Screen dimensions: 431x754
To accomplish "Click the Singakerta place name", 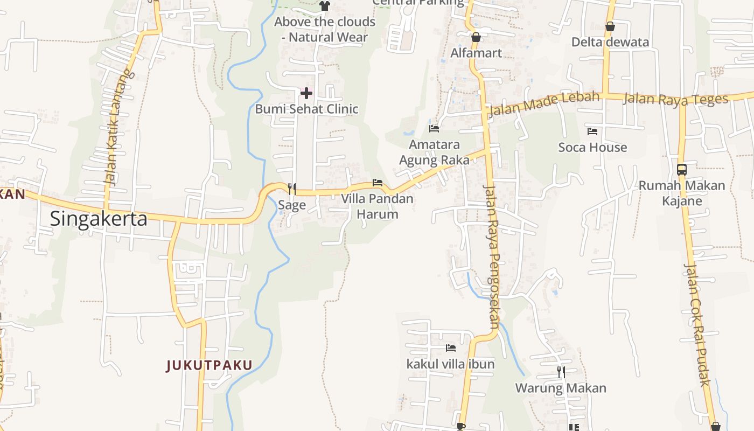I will tap(99, 219).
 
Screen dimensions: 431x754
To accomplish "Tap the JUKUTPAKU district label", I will tap(209, 365).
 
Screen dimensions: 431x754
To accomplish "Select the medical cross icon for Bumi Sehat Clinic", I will tap(306, 93).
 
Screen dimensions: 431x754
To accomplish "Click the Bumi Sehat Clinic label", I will tap(306, 109).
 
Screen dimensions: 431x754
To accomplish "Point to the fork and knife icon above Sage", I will tap(292, 189).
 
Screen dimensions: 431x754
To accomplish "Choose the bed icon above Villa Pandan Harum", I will tap(378, 183).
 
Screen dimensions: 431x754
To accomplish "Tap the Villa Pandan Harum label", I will tap(378, 206).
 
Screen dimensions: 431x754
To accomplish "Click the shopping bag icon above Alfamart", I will tap(476, 37).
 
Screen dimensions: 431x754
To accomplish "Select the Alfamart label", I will tap(476, 53).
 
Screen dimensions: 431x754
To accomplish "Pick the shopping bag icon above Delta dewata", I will tap(610, 26).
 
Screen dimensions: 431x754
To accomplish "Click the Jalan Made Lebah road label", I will tap(544, 104).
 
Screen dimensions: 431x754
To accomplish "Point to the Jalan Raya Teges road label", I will tap(675, 99).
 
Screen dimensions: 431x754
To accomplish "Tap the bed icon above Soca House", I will tap(592, 131).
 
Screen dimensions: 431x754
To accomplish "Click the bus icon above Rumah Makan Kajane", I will tap(682, 170).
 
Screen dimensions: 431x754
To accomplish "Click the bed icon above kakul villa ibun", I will tap(451, 348).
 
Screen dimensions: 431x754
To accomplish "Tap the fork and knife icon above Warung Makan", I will tap(561, 372).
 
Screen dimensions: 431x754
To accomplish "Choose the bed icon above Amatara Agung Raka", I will tap(434, 128).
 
